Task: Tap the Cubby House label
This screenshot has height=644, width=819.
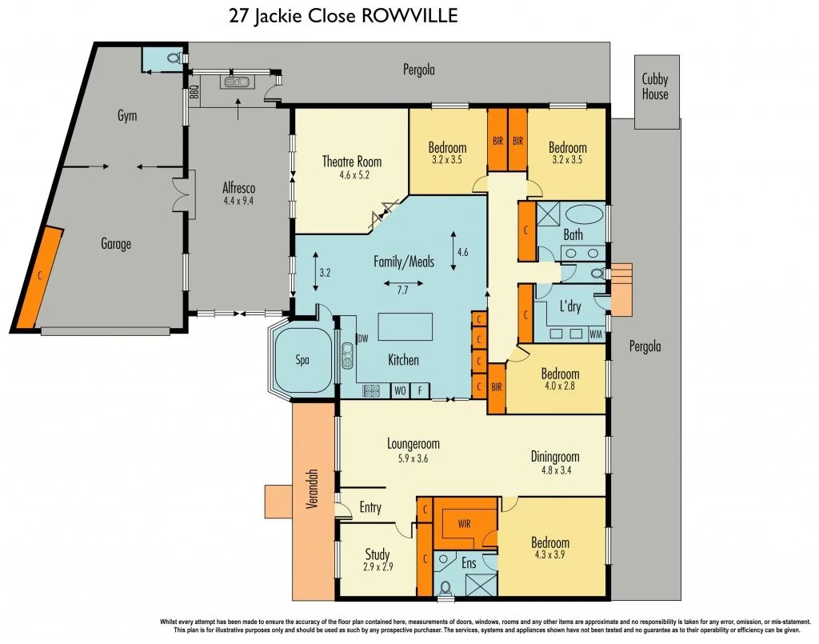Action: click(655, 86)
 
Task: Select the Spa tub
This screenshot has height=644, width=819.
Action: click(303, 359)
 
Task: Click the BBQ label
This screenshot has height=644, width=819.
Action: click(194, 95)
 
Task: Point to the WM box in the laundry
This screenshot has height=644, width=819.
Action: click(595, 334)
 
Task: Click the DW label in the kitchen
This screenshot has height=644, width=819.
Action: click(362, 338)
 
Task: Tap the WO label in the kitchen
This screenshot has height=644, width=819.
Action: click(399, 391)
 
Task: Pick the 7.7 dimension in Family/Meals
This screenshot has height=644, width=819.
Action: click(402, 290)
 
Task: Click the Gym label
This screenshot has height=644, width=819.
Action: click(127, 115)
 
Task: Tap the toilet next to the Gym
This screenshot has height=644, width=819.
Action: click(174, 58)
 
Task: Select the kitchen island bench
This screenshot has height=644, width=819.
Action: click(405, 327)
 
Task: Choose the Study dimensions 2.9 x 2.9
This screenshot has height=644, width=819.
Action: click(378, 568)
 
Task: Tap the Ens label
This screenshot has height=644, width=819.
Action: click(469, 563)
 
